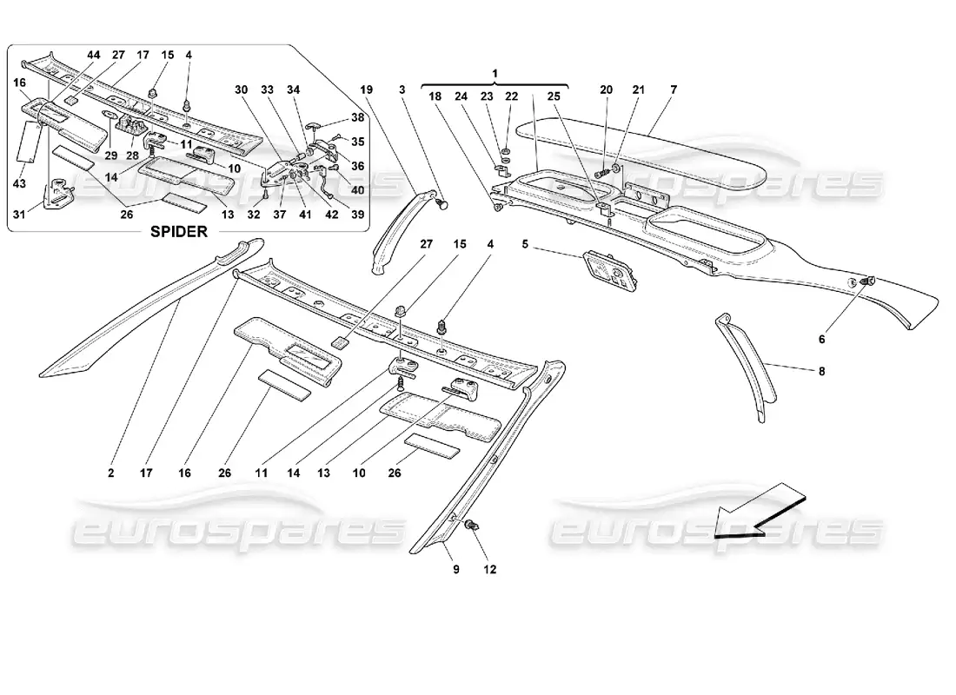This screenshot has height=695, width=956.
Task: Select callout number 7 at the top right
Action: pyautogui.click(x=673, y=89)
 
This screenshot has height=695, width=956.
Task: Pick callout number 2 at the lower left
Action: pyautogui.click(x=111, y=474)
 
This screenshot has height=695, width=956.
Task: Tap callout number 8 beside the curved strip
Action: pyautogui.click(x=822, y=372)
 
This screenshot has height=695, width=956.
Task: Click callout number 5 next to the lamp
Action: pyautogui.click(x=525, y=244)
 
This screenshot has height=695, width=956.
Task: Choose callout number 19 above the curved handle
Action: pyautogui.click(x=366, y=89)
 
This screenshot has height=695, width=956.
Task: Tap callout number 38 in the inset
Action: pyautogui.click(x=357, y=117)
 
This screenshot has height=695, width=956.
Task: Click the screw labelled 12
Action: pyautogui.click(x=472, y=526)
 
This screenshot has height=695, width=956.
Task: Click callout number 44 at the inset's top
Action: pyautogui.click(x=94, y=55)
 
